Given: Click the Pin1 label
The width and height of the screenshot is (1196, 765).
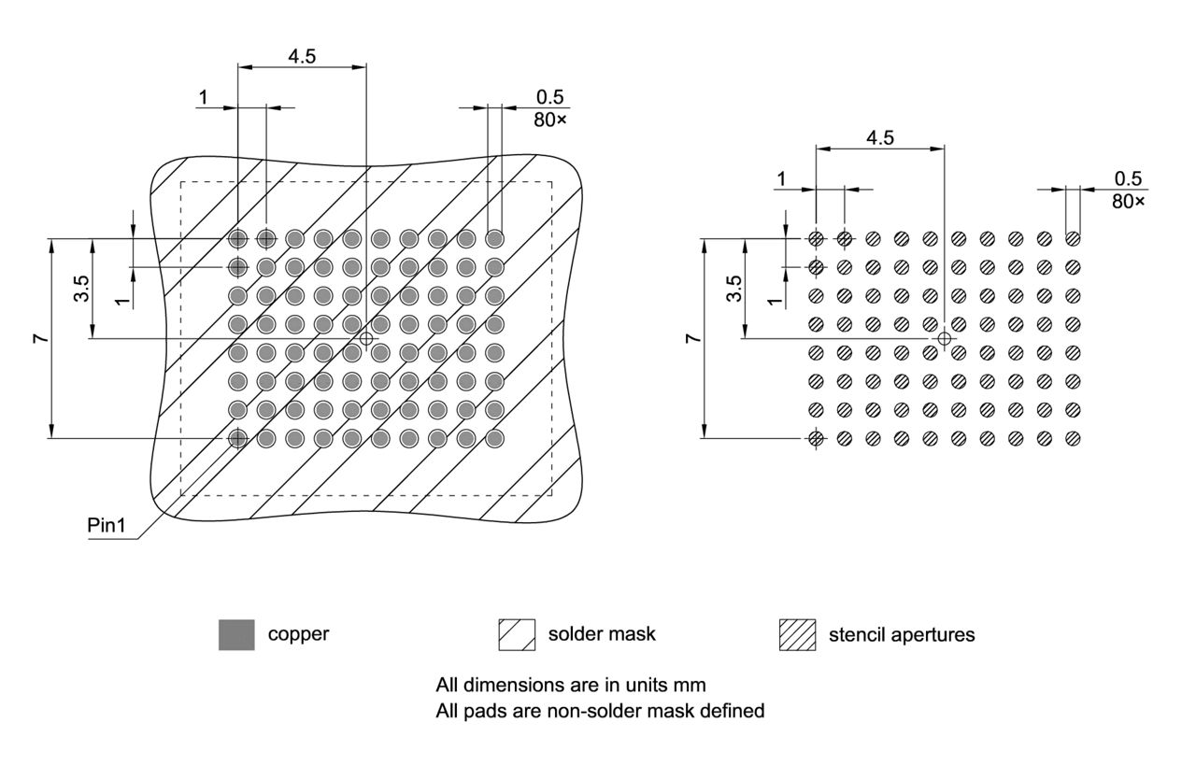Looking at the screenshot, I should [106, 525].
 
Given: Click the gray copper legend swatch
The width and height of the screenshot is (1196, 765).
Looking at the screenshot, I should [236, 635].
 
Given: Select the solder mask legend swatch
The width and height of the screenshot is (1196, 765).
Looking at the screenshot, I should [517, 635].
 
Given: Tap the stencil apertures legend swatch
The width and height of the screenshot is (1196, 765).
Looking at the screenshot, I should [797, 635].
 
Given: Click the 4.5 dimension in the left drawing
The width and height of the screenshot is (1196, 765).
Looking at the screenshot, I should [302, 56].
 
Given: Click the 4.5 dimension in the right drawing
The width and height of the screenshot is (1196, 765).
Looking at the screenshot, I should [880, 137].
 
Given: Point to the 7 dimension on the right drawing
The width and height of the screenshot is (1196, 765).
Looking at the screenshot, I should [692, 338].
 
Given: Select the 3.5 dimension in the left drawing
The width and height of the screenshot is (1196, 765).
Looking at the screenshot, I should [81, 288].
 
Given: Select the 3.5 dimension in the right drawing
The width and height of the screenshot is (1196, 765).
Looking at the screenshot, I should [734, 288].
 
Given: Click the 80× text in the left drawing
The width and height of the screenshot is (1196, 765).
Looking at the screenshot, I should [551, 119].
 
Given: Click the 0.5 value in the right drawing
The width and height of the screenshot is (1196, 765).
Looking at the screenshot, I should [1129, 178].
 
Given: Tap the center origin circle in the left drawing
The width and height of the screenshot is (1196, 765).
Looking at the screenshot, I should [366, 338].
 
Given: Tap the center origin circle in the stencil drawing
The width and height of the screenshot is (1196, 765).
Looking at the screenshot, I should [945, 338].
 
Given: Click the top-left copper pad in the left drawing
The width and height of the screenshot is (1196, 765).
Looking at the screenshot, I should [238, 238].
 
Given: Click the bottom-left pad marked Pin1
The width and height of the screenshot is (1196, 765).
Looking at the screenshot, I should [238, 438].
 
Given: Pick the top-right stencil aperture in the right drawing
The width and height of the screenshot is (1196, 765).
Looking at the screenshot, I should [1073, 238].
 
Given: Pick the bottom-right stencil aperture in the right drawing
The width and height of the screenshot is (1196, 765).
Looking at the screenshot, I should [1073, 438].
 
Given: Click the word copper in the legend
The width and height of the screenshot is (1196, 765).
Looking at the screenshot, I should [298, 634].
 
